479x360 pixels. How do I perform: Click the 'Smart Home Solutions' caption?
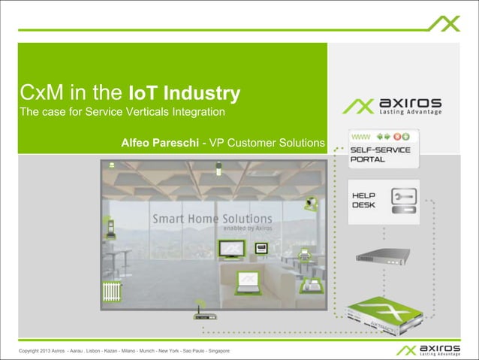[212, 219]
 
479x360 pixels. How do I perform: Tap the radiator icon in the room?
[112, 289]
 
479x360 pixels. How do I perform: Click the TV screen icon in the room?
[229, 249]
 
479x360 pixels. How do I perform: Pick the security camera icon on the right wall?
[311, 204]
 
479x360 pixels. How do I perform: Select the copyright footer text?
[124, 352]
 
